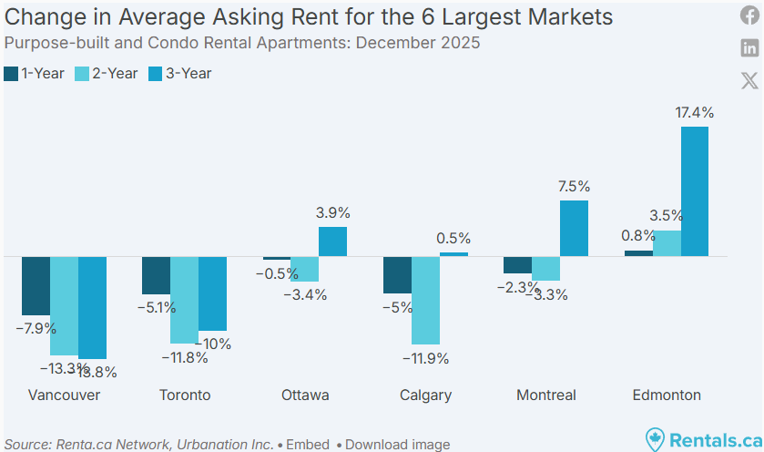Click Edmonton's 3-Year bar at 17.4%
click(695, 191)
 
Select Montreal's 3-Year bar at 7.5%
click(574, 228)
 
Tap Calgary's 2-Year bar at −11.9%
click(425, 300)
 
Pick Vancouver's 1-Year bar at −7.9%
click(36, 285)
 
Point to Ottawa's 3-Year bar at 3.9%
click(332, 241)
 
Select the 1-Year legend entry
click(35, 73)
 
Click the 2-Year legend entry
click(107, 73)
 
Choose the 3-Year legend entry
click(179, 73)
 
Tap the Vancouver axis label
click(64, 395)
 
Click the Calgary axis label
click(425, 395)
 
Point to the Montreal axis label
click(546, 395)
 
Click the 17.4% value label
click(695, 113)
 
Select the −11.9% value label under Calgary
click(425, 358)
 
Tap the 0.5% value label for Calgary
click(453, 239)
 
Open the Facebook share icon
click(749, 16)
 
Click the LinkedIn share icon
click(749, 48)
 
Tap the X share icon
click(749, 80)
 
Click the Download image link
click(397, 445)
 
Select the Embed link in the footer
click(307, 445)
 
